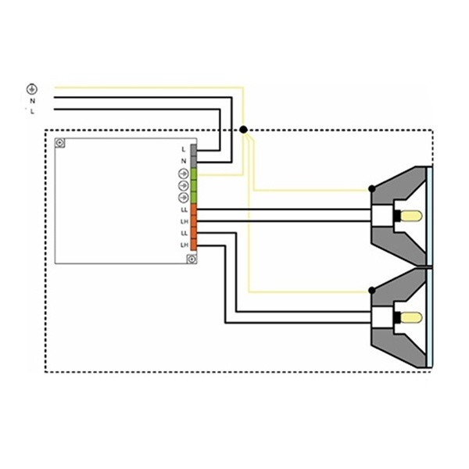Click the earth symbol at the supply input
[32, 89]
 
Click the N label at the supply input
[33, 101]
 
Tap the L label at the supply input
[32, 112]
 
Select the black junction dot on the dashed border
[243, 130]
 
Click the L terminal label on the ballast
[184, 149]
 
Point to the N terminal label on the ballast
[184, 161]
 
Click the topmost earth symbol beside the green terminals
[184, 174]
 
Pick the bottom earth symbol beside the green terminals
[184, 198]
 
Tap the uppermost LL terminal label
[184, 210]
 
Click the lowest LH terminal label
[184, 245]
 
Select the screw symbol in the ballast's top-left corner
[60, 143]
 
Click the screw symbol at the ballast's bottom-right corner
[192, 259]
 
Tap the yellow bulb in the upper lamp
[411, 216]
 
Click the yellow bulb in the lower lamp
[411, 317]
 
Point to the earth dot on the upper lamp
[372, 188]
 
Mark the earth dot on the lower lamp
[372, 291]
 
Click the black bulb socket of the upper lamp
[397, 216]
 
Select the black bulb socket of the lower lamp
[397, 317]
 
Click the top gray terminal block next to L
[194, 150]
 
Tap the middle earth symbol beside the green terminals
[184, 185]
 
